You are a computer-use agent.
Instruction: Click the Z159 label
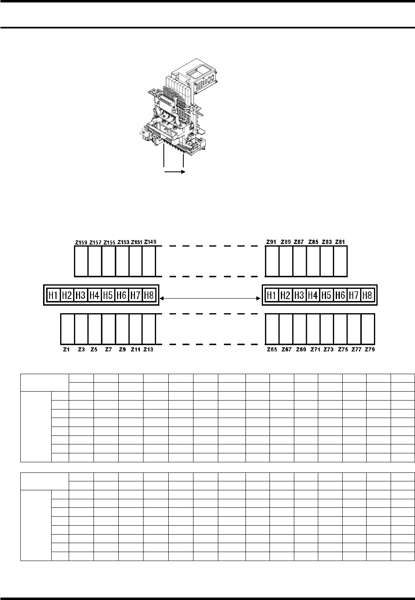[81, 243]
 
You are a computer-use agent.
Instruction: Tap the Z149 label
[150, 242]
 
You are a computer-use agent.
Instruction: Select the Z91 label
[272, 242]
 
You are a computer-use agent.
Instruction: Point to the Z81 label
[340, 242]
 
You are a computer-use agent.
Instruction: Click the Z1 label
[67, 349]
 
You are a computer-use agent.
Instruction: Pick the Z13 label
[148, 349]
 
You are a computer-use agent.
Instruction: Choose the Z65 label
[272, 349]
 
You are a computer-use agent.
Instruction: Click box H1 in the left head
[53, 295]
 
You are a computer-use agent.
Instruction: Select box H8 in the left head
[149, 295]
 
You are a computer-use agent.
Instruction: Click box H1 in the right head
[272, 295]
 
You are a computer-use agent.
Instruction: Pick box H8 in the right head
[367, 295]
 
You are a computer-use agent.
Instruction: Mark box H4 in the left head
[94, 295]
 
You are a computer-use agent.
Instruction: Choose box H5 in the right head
[326, 295]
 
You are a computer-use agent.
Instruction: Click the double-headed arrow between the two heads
[210, 299]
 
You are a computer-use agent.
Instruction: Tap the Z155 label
[109, 243]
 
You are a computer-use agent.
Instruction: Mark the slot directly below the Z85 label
[313, 261]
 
